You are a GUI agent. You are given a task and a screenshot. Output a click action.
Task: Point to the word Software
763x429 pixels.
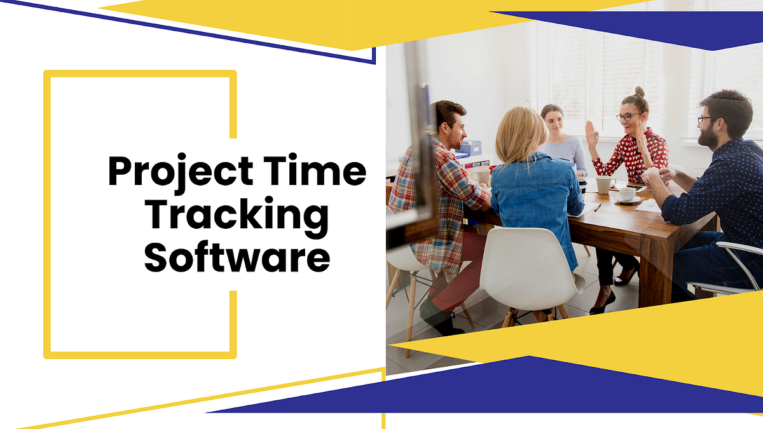tap(237, 258)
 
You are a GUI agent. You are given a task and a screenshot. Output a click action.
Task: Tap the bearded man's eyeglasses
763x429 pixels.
tap(705, 119)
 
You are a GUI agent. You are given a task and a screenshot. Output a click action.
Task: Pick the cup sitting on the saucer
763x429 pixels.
tap(627, 194)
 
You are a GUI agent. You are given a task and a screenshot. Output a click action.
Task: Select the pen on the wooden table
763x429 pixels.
tap(597, 207)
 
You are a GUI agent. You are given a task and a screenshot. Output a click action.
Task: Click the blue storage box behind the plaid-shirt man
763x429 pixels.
tap(472, 148)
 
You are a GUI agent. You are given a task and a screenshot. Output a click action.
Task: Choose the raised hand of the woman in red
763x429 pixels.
tap(591, 133)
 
